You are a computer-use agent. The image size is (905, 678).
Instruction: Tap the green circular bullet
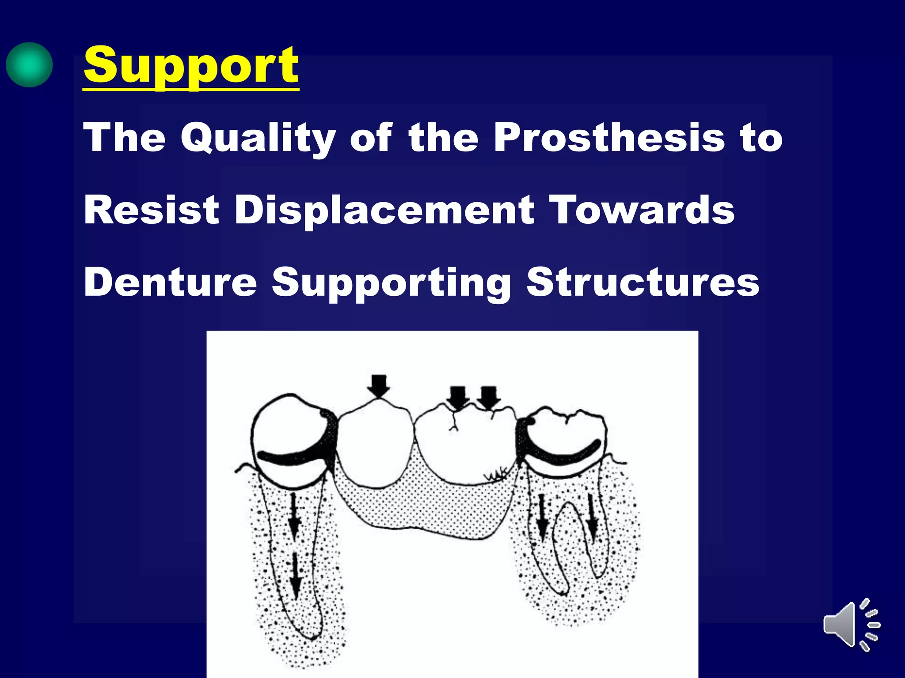[29, 65]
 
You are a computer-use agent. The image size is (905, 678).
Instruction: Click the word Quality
[258, 138]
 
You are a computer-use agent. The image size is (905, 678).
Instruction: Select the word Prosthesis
[609, 138]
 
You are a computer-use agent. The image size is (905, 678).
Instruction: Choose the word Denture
[170, 282]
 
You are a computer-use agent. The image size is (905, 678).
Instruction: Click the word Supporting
[391, 282]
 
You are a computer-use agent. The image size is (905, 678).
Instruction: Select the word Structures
[643, 282]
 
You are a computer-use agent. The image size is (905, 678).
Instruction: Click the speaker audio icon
[851, 624]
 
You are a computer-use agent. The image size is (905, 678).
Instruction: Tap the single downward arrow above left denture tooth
[378, 386]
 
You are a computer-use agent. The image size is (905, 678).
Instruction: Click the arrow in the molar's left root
[542, 519]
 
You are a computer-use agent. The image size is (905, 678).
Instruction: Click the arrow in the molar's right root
[592, 519]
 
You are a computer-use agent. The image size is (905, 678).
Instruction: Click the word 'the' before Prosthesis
[443, 138]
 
